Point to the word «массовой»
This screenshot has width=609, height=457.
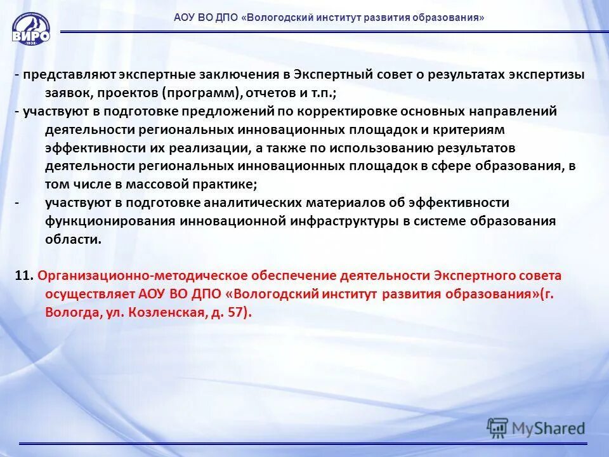coord(147,185)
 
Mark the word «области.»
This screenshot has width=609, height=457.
coord(73,239)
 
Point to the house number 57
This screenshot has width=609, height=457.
coord(235,313)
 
